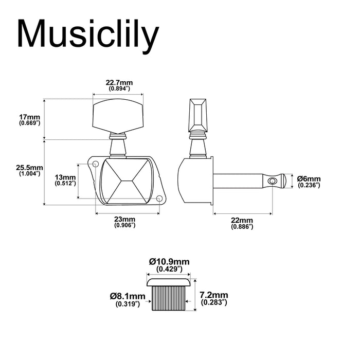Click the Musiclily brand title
pyautogui.click(x=88, y=35)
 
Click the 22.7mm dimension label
pyautogui.click(x=119, y=82)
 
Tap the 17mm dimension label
pyautogui.click(x=30, y=118)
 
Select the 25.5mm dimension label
pyautogui.click(x=29, y=168)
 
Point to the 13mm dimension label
pyautogui.click(x=65, y=177)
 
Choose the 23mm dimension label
pyautogui.click(x=125, y=219)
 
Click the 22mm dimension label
pyautogui.click(x=242, y=221)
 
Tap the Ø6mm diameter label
pyautogui.click(x=309, y=178)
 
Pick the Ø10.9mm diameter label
pyautogui.click(x=169, y=261)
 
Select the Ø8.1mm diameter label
pyautogui.click(x=128, y=296)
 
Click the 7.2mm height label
pyautogui.click(x=214, y=295)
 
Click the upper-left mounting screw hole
pyautogui.click(x=96, y=164)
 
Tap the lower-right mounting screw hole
pyautogui.click(x=159, y=199)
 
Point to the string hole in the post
pyautogui.click(x=272, y=180)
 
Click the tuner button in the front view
pyautogui.click(x=118, y=116)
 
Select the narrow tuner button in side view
pyautogui.click(x=197, y=116)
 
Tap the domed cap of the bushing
pyautogui.click(x=169, y=282)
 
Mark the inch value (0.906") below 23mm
pyautogui.click(x=125, y=225)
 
